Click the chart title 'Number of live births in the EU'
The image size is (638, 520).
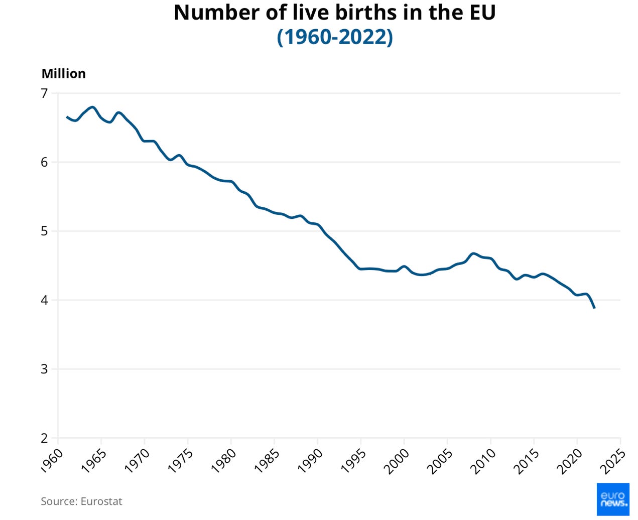334,13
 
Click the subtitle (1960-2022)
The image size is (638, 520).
334,37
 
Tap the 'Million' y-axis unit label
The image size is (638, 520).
64,74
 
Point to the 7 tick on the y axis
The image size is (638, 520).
44,93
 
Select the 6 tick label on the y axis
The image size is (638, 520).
44,162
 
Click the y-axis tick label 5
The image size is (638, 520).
44,231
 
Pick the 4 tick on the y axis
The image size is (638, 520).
44,300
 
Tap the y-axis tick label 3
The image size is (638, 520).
44,369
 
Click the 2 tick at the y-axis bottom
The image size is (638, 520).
44,438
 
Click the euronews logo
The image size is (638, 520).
612,499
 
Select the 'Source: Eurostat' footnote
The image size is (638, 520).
81,501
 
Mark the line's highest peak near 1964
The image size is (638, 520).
92,107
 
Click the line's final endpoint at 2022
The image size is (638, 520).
594,308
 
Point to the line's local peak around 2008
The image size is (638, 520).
473,253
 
